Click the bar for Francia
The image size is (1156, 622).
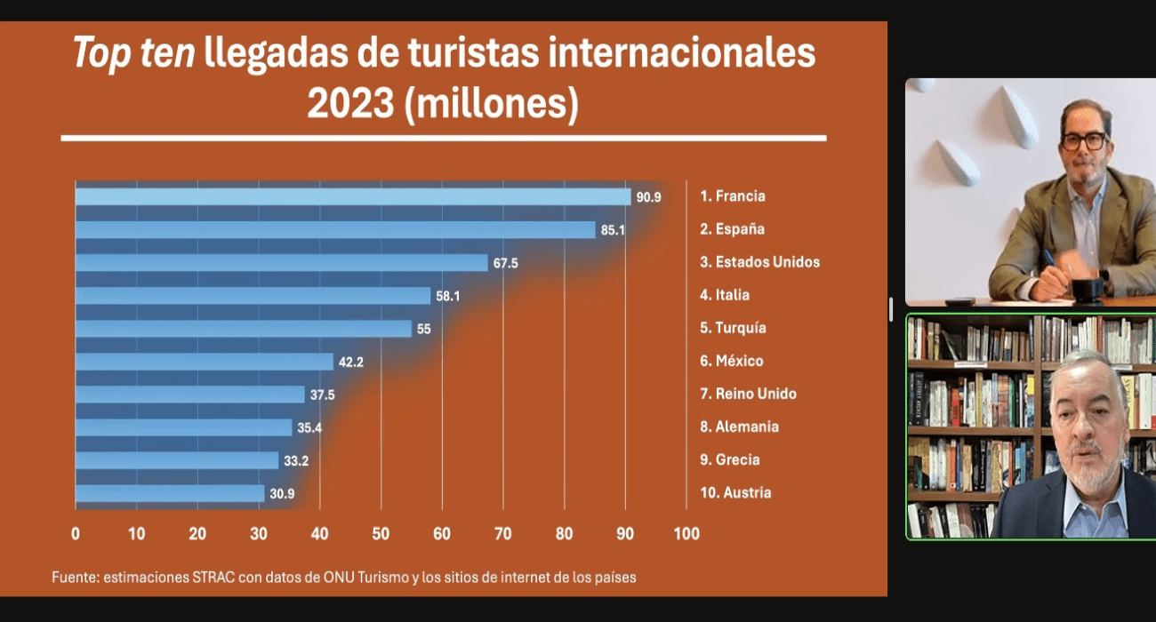(352, 196)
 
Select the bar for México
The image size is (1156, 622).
(204, 362)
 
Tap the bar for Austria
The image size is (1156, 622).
(169, 493)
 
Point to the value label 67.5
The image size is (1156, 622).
(505, 263)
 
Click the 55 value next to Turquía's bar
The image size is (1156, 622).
(423, 329)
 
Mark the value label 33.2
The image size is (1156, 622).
(296, 460)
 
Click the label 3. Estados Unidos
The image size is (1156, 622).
(759, 262)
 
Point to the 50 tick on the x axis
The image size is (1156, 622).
(381, 534)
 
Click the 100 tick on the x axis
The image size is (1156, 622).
(686, 534)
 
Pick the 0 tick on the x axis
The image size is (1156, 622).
(76, 534)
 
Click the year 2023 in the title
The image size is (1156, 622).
(350, 104)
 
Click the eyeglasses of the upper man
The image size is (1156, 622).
(1084, 140)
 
